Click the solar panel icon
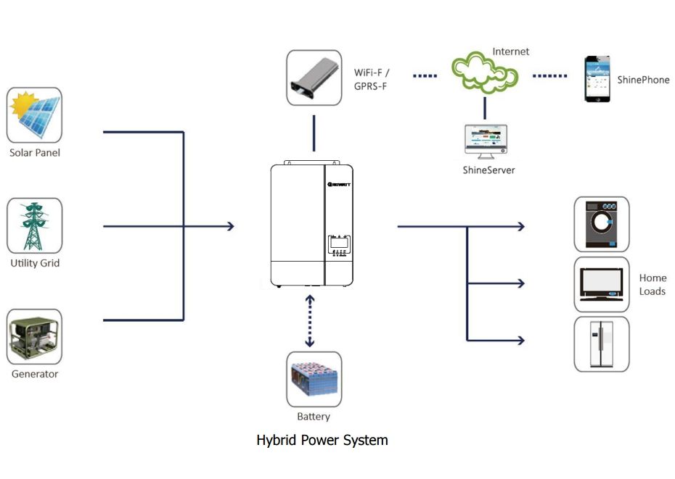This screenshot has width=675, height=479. click(34, 114)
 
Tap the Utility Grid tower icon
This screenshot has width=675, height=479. click(34, 225)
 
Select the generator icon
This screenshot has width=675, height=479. click(34, 337)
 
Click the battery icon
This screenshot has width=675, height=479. click(314, 379)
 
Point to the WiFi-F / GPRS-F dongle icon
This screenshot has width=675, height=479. click(314, 77)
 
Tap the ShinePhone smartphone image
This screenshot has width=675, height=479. click(597, 79)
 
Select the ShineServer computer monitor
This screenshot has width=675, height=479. click(485, 143)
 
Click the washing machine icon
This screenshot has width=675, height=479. click(601, 224)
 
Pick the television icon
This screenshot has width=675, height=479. click(601, 284)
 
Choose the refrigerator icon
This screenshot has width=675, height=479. click(601, 344)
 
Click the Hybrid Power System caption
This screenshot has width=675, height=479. click(322, 440)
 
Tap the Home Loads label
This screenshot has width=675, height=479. click(652, 284)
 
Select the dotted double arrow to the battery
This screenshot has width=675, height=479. click(310, 320)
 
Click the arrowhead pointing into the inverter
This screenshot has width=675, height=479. click(230, 226)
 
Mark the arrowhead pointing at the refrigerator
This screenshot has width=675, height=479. click(520, 339)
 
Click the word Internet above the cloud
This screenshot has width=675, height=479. click(511, 51)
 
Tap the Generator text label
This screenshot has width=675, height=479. click(34, 374)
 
